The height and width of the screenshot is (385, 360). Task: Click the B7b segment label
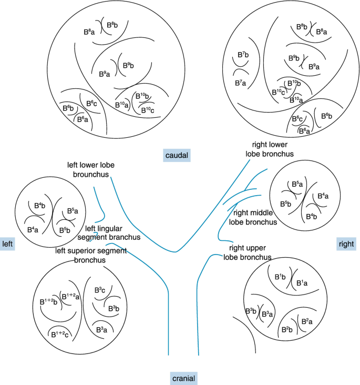pyautogui.click(x=243, y=55)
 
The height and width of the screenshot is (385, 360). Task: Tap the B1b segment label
pyautogui.click(x=280, y=276)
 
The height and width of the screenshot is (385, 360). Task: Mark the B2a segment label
pyautogui.click(x=306, y=321)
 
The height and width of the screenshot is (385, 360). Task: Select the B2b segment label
pyautogui.click(x=286, y=330)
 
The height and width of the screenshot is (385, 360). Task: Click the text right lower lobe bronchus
pyautogui.click(x=269, y=149)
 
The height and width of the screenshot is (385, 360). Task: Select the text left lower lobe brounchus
pyautogui.click(x=91, y=169)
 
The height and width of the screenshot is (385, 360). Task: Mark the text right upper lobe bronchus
pyautogui.click(x=247, y=252)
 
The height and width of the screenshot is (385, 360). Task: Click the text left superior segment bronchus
pyautogui.click(x=91, y=255)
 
